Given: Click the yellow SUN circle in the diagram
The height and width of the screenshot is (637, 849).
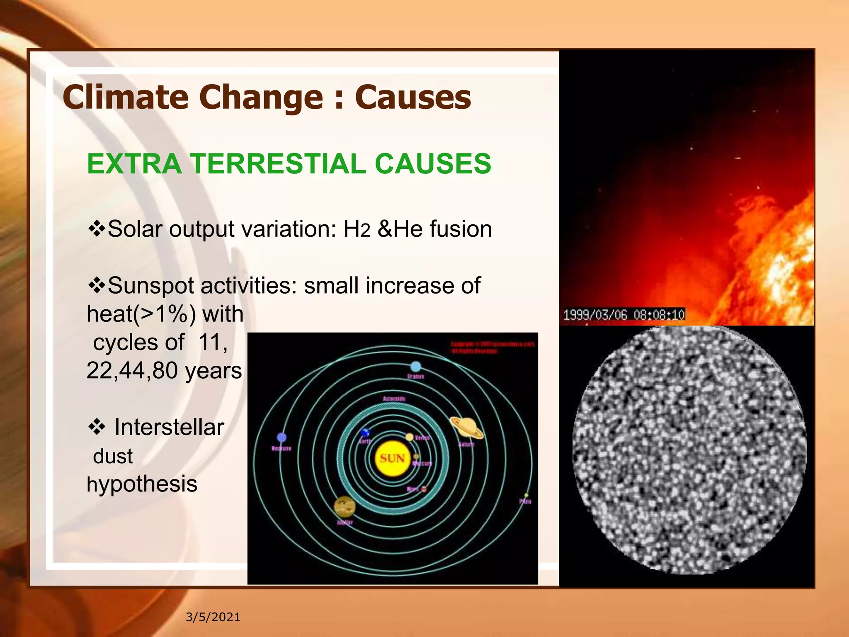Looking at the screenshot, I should tap(392, 458).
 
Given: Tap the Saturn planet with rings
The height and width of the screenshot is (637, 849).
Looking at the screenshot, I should tap(467, 428).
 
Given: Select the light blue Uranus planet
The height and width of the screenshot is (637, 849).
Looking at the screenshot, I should tap(415, 366).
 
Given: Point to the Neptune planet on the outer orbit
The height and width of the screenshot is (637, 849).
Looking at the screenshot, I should tap(281, 438).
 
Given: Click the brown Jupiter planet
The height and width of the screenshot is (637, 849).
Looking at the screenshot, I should tap(344, 506).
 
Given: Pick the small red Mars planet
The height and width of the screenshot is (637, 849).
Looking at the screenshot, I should tap(424, 489).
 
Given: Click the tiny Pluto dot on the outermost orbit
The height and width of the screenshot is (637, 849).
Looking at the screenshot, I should tap(526, 495).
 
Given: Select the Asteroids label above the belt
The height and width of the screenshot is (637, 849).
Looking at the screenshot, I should tap(394, 399).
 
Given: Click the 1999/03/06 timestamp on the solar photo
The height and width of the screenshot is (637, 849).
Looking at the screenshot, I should tap(623, 315).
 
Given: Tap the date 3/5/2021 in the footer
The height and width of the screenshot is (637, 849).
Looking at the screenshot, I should tap(213, 617).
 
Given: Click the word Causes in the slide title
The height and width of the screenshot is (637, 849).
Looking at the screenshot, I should tap(413, 97).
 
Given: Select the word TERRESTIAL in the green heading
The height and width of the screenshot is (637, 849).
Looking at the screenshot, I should tap(278, 163).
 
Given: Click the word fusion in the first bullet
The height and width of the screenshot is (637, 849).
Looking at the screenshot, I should tap(461, 229).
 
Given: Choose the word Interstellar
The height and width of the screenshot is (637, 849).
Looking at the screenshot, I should tap(169, 427).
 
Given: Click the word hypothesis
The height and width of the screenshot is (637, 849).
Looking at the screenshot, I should tap(142, 484).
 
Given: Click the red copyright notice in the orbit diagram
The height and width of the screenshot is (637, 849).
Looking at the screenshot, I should tap(492, 348).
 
